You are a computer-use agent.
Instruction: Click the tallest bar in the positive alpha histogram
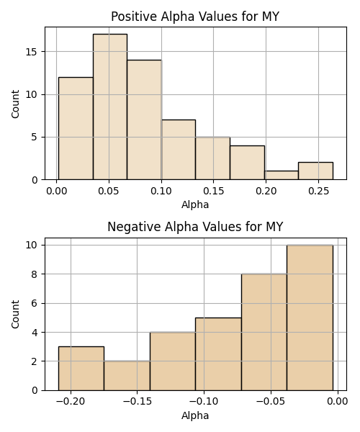coord(110,107)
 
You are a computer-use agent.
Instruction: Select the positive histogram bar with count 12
coord(76,128)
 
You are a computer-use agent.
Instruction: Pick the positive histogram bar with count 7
coord(179,150)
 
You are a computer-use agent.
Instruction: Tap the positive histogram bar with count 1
coord(282,175)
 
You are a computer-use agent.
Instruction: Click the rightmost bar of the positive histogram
coord(315,171)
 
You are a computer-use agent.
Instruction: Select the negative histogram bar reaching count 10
coord(310,318)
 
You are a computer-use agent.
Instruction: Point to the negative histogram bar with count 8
coord(264,332)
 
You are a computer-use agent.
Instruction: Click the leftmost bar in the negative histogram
coord(81,369)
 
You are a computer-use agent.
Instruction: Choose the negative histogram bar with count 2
coord(127,376)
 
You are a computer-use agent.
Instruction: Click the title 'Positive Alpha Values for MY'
coord(195,17)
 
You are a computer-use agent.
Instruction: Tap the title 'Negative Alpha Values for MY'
coord(195,227)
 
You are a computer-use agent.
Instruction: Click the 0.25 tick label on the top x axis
coord(319,191)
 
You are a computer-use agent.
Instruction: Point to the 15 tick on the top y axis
coord(32,52)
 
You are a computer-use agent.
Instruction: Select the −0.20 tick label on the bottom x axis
coord(71,402)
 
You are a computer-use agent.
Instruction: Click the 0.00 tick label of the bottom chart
coord(338,402)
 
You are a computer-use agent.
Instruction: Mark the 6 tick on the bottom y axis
coord(35,303)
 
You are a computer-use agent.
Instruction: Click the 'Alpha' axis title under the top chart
coord(195,204)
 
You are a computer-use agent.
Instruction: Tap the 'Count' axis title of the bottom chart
coord(15,315)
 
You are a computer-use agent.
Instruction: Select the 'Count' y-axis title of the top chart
coord(15,104)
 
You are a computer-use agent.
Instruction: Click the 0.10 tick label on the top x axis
coord(161,191)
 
